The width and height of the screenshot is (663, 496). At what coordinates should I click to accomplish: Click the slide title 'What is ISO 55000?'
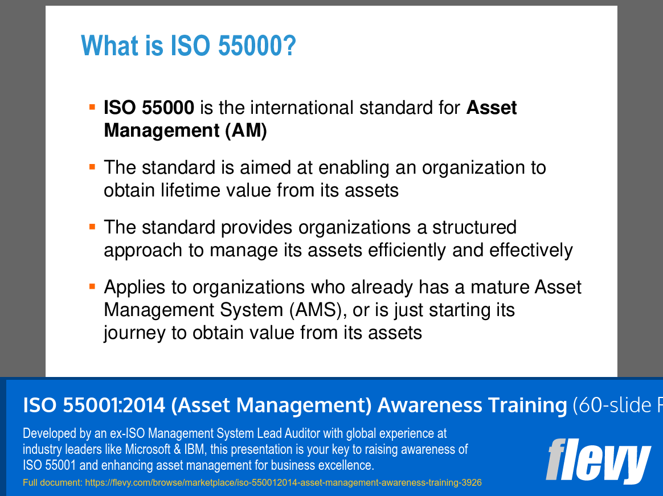click(188, 46)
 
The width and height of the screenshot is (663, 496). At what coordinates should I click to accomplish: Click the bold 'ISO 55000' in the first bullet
click(149, 108)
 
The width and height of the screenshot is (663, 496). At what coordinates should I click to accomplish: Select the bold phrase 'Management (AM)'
click(185, 130)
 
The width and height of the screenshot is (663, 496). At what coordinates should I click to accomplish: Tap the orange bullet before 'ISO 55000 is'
click(92, 106)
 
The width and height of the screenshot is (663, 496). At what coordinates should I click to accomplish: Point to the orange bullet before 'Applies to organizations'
click(92, 286)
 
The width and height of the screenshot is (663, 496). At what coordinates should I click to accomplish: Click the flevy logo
click(597, 460)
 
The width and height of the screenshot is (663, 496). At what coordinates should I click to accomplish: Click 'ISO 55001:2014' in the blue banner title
click(94, 405)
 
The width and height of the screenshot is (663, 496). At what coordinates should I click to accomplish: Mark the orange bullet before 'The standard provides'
click(92, 226)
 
